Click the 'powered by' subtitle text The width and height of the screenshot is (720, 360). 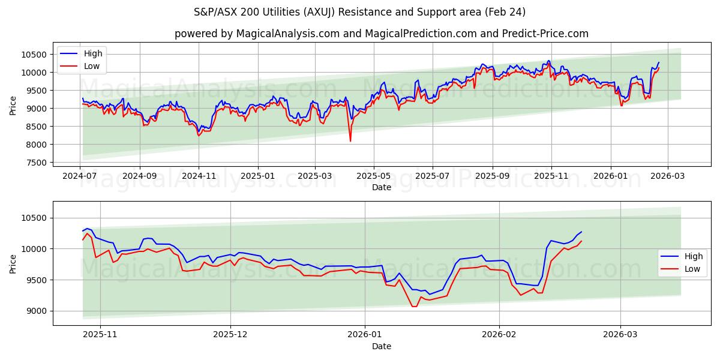coord(381,34)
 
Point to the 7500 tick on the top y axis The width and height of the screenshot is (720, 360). coord(35,163)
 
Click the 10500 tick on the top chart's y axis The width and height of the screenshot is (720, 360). coord(32,55)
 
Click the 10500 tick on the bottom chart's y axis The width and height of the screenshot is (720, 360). coord(32,218)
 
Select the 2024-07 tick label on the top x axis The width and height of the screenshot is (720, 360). coord(80,176)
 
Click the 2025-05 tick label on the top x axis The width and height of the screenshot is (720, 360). coord(374,176)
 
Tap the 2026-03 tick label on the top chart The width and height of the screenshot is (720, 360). coord(667,176)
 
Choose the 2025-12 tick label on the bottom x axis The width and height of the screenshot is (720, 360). coord(230,335)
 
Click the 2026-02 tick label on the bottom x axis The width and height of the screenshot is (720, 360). coord(499,335)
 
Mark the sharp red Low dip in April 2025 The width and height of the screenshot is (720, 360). coord(350,141)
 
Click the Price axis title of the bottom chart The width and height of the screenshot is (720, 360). coord(13,263)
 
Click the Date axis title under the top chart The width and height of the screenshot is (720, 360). coord(381,187)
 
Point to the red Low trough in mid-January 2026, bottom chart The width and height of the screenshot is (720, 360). coord(413,307)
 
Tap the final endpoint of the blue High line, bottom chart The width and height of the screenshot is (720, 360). coord(581,232)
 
